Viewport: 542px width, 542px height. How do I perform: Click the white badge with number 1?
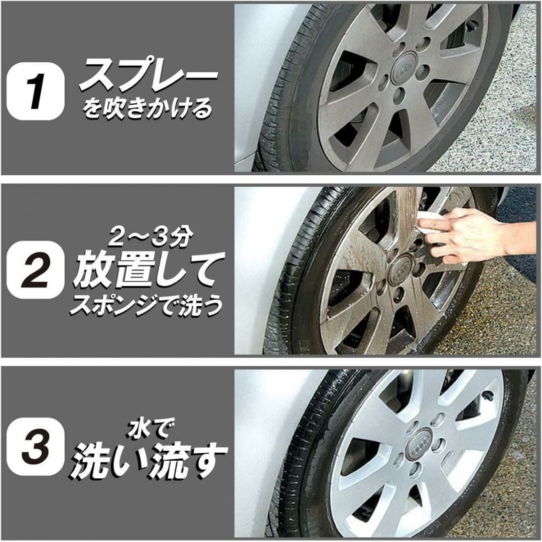click(35, 91)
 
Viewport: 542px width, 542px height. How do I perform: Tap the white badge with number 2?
click(35, 270)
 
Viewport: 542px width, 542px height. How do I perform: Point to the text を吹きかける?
click(147, 108)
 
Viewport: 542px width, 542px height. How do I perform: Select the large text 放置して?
click(149, 270)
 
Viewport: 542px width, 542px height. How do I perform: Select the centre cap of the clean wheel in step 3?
click(421, 444)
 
